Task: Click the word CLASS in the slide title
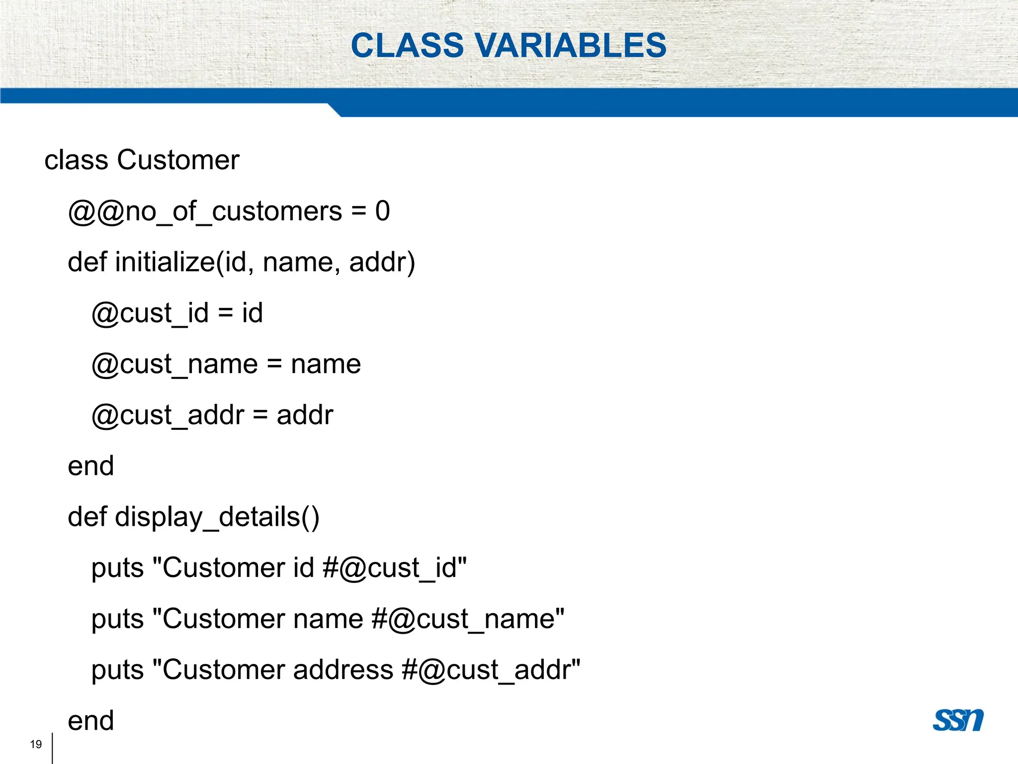tap(408, 45)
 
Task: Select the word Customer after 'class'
tap(178, 160)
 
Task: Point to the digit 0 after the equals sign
tap(382, 211)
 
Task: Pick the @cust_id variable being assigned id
tap(150, 313)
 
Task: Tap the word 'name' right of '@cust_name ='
tap(326, 365)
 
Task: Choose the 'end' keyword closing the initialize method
tap(90, 466)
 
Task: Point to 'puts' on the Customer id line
tap(117, 568)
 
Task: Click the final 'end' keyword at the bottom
tap(90, 721)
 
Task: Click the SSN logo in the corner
tap(958, 720)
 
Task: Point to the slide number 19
tap(36, 744)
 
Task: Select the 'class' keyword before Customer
tap(76, 160)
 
